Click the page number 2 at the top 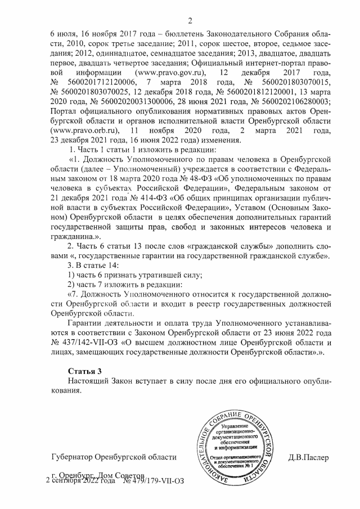tap(190, 22)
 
